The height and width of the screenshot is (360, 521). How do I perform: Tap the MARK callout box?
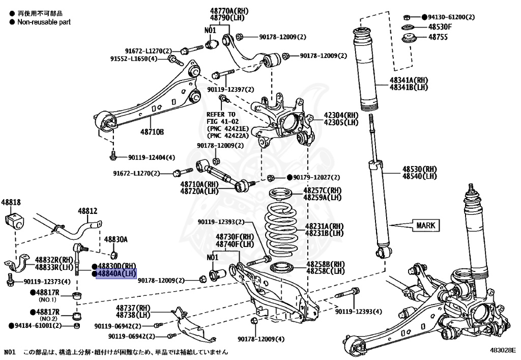[425, 225]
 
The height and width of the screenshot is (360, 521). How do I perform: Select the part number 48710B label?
[152, 132]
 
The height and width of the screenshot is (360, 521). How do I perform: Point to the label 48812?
[87, 210]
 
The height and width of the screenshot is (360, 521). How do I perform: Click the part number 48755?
[438, 37]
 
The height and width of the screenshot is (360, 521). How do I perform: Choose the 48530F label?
[440, 27]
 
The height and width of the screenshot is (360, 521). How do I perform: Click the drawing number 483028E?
[503, 350]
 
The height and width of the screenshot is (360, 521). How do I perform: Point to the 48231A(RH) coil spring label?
[325, 226]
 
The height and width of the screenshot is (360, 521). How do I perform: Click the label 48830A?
[115, 239]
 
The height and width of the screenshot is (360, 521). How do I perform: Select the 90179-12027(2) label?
[316, 177]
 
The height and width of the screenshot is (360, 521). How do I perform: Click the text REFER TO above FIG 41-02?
[221, 115]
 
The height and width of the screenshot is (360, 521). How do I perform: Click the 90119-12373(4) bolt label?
[47, 282]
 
